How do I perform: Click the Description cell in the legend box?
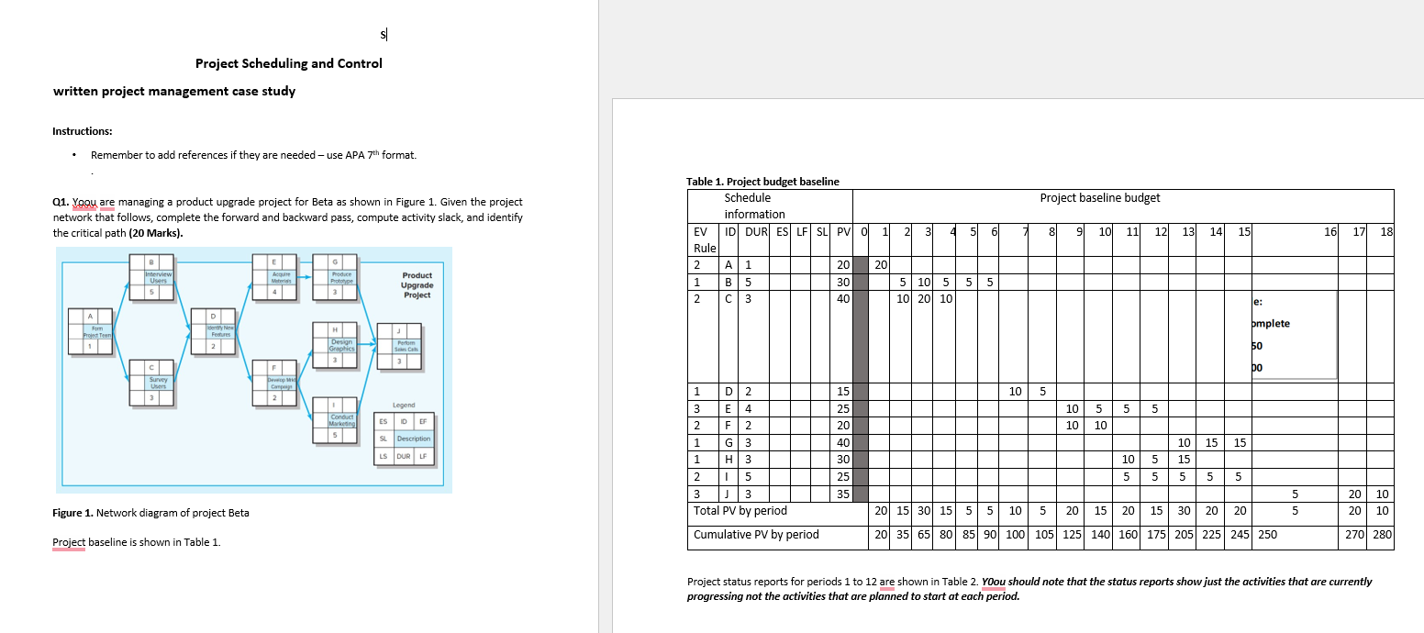(414, 439)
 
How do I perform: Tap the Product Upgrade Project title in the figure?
(417, 285)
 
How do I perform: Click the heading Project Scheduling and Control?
(288, 63)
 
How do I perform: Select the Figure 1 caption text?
(150, 513)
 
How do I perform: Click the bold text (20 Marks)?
(155, 233)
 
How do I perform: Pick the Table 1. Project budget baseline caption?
(762, 182)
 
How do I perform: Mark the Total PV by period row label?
(740, 511)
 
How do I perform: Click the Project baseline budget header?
(1099, 198)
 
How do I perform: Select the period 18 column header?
(1385, 232)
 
